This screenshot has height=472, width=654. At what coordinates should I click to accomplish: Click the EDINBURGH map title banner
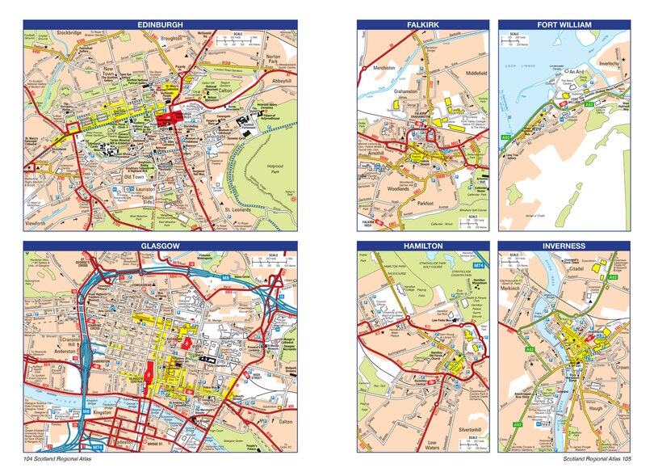point(160,25)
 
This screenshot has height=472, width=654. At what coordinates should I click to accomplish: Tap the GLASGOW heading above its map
point(160,245)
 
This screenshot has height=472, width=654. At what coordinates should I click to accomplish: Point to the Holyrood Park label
point(258,151)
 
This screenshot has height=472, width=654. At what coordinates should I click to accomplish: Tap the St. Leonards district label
point(240,211)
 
